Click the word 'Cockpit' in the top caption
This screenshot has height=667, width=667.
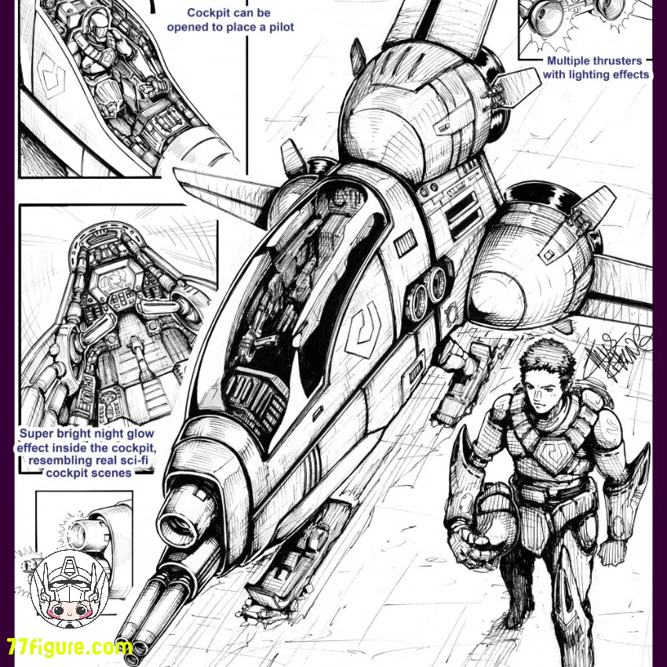(x=205, y=13)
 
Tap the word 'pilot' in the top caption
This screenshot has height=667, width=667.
(x=281, y=27)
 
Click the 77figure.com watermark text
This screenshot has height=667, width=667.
(x=69, y=647)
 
